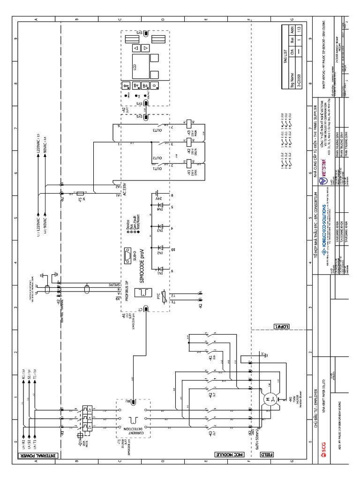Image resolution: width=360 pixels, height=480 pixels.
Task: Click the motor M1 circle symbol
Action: click(x=269, y=399)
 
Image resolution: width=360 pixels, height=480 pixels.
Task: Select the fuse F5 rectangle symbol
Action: click(x=81, y=193)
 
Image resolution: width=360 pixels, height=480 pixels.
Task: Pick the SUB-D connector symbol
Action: click(x=127, y=255)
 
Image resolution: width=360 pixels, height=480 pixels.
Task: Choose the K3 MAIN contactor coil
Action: click(x=188, y=124)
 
